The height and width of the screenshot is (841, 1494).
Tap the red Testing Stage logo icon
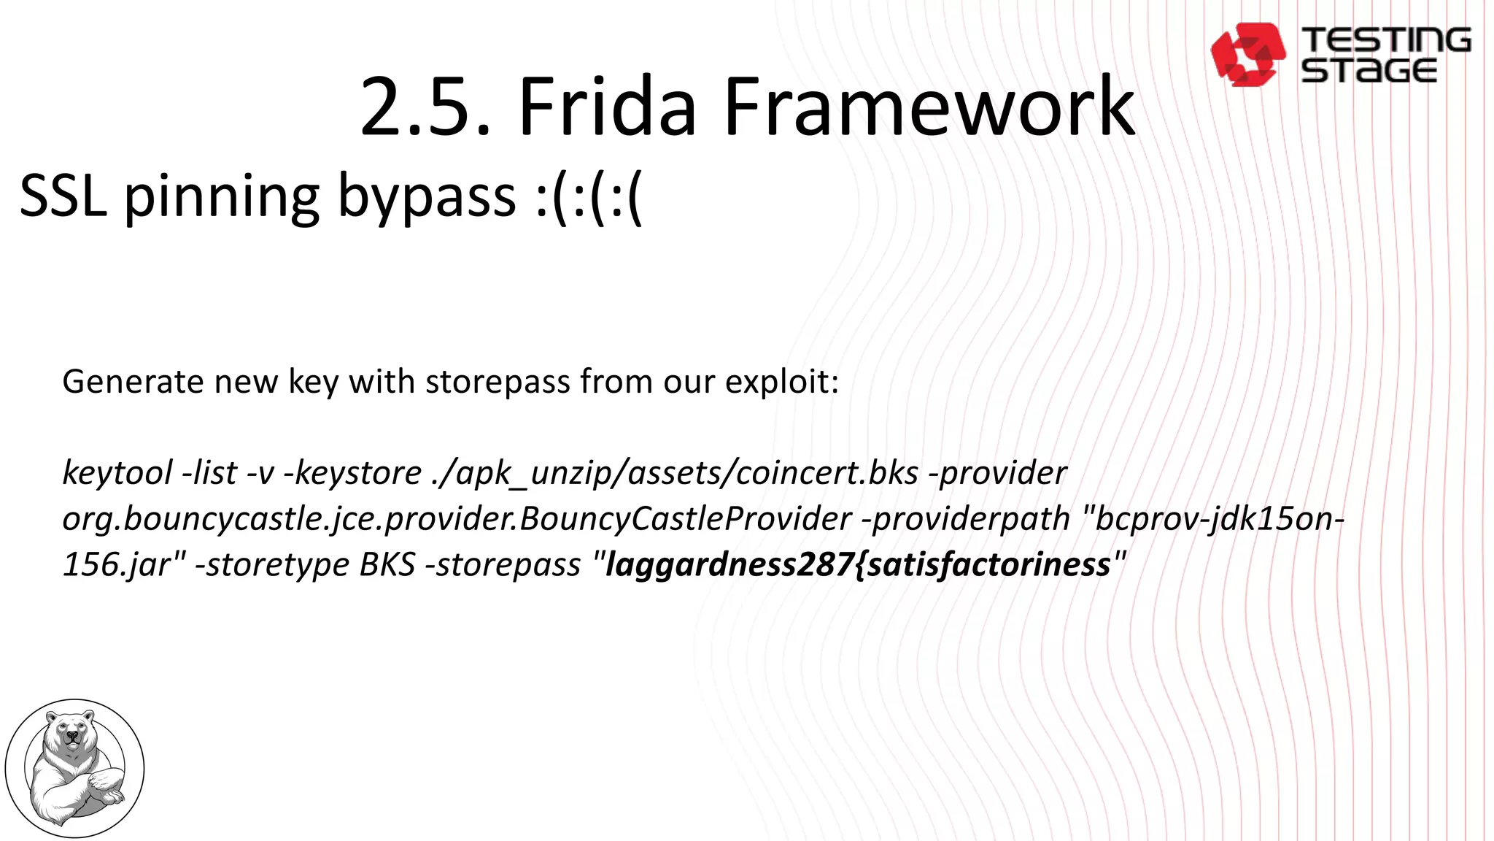tap(1247, 54)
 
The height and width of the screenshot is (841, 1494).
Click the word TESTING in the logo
tap(1386, 40)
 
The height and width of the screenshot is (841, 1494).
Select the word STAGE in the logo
tap(1369, 71)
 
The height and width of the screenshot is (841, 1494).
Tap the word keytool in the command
tap(117, 473)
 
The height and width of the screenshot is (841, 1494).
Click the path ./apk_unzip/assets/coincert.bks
tap(675, 473)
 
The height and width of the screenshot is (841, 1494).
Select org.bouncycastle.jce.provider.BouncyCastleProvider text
tap(457, 519)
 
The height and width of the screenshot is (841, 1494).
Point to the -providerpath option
tap(966, 519)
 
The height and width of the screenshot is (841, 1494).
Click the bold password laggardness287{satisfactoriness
tap(858, 564)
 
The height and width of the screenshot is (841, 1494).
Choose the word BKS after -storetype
tap(387, 564)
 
